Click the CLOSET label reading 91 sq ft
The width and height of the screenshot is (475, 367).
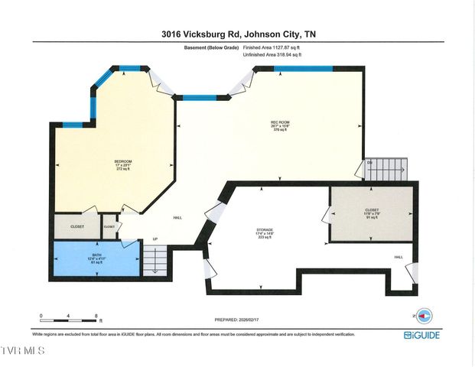[x=371, y=214]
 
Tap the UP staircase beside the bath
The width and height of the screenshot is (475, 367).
[x=156, y=263]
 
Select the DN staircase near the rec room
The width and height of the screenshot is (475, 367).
[x=386, y=168]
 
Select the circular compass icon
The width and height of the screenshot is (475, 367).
[x=427, y=314]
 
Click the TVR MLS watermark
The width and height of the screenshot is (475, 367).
[x=23, y=351]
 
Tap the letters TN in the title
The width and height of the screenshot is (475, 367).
[x=310, y=34]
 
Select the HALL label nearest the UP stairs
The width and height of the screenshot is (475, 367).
[x=177, y=217]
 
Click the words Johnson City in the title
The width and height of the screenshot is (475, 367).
[x=270, y=34]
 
